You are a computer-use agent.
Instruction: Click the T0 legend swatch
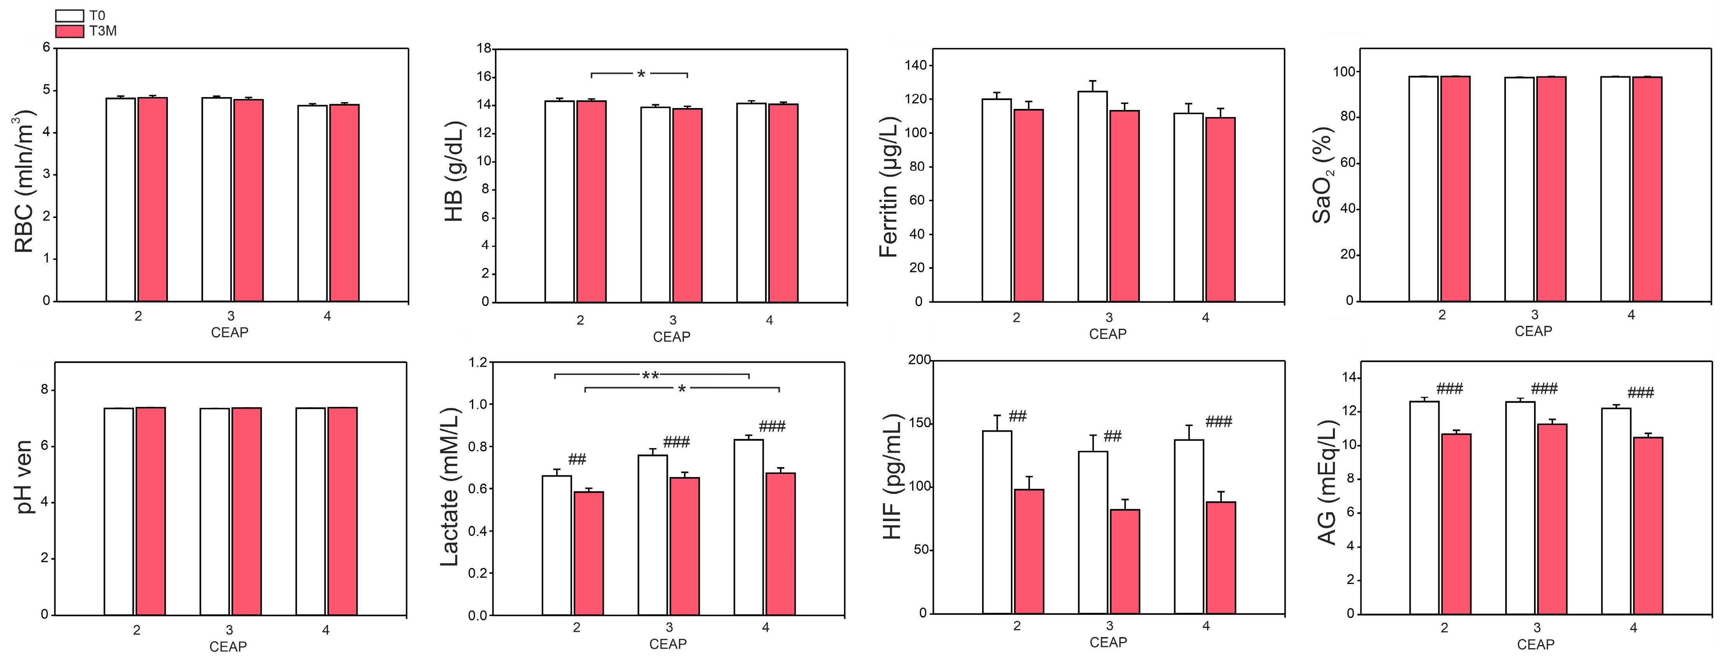point(69,15)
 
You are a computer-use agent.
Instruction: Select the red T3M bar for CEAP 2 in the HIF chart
point(1029,552)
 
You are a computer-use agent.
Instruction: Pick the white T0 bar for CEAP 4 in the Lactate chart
point(748,527)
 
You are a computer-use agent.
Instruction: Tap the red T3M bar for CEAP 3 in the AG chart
point(1552,519)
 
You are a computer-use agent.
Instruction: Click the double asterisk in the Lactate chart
point(650,376)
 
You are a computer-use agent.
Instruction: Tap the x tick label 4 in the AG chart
point(1633,628)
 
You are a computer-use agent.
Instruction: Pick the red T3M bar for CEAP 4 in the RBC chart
point(344,202)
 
